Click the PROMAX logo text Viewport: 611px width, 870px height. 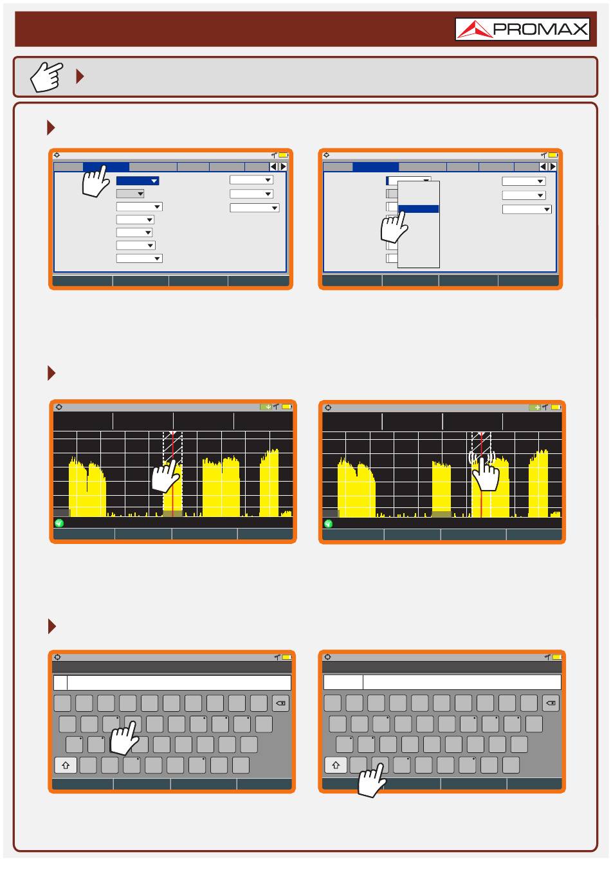click(x=540, y=29)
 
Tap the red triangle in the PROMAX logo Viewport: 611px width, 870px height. click(x=474, y=30)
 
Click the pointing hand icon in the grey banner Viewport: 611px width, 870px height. click(x=46, y=76)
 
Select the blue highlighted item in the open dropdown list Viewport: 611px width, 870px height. click(x=418, y=208)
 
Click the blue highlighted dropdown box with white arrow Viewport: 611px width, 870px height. click(x=138, y=181)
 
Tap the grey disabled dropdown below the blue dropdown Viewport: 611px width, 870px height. click(x=130, y=194)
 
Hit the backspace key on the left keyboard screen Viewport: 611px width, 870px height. click(x=280, y=703)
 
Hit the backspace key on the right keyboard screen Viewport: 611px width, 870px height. click(x=551, y=703)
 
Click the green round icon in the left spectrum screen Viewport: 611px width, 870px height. click(x=59, y=523)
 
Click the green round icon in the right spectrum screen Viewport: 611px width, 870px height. click(x=328, y=523)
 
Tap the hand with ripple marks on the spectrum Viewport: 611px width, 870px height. click(x=484, y=471)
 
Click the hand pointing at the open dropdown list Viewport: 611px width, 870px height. click(x=394, y=227)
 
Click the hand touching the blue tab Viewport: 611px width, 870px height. click(x=96, y=181)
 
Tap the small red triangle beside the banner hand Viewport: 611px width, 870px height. click(x=80, y=76)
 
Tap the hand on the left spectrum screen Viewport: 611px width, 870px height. click(x=166, y=476)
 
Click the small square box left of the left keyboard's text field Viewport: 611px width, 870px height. click(x=60, y=683)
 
